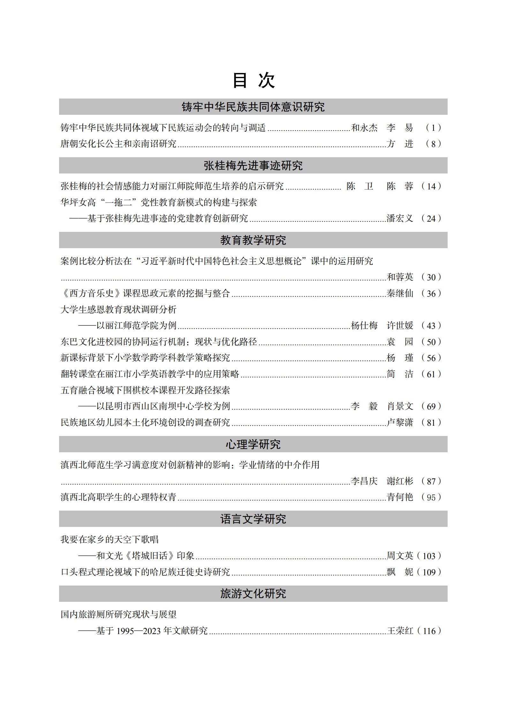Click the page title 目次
[x=253, y=80]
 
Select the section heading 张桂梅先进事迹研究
[x=253, y=166]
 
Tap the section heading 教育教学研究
[x=253, y=240]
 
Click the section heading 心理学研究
[x=253, y=444]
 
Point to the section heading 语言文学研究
[x=253, y=519]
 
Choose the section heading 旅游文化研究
[x=253, y=594]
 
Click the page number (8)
[x=433, y=144]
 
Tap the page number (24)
[x=431, y=218]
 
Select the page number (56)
[x=431, y=358]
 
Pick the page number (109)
[x=429, y=572]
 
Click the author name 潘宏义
[x=400, y=218]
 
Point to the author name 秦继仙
[x=400, y=293]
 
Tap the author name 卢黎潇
[x=400, y=423]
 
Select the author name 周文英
[x=400, y=556]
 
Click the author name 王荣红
[x=400, y=631]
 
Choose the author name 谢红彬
[x=400, y=481]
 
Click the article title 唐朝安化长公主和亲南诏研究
[x=118, y=144]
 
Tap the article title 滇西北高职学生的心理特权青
[x=118, y=497]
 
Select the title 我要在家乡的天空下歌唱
[x=110, y=540]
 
